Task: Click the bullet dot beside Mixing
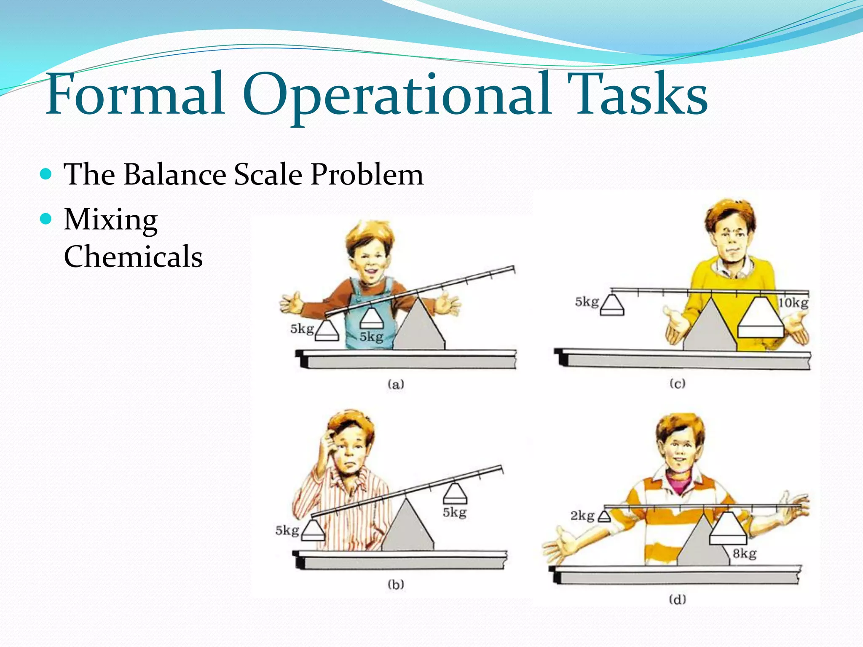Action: [x=46, y=219]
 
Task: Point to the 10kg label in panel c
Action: [x=793, y=303]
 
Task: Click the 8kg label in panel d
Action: [x=744, y=553]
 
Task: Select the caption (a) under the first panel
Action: [x=396, y=384]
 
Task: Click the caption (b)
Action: [x=396, y=584]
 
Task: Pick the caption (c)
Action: [x=677, y=383]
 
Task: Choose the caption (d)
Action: [x=677, y=599]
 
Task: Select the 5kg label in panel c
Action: [x=587, y=302]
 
